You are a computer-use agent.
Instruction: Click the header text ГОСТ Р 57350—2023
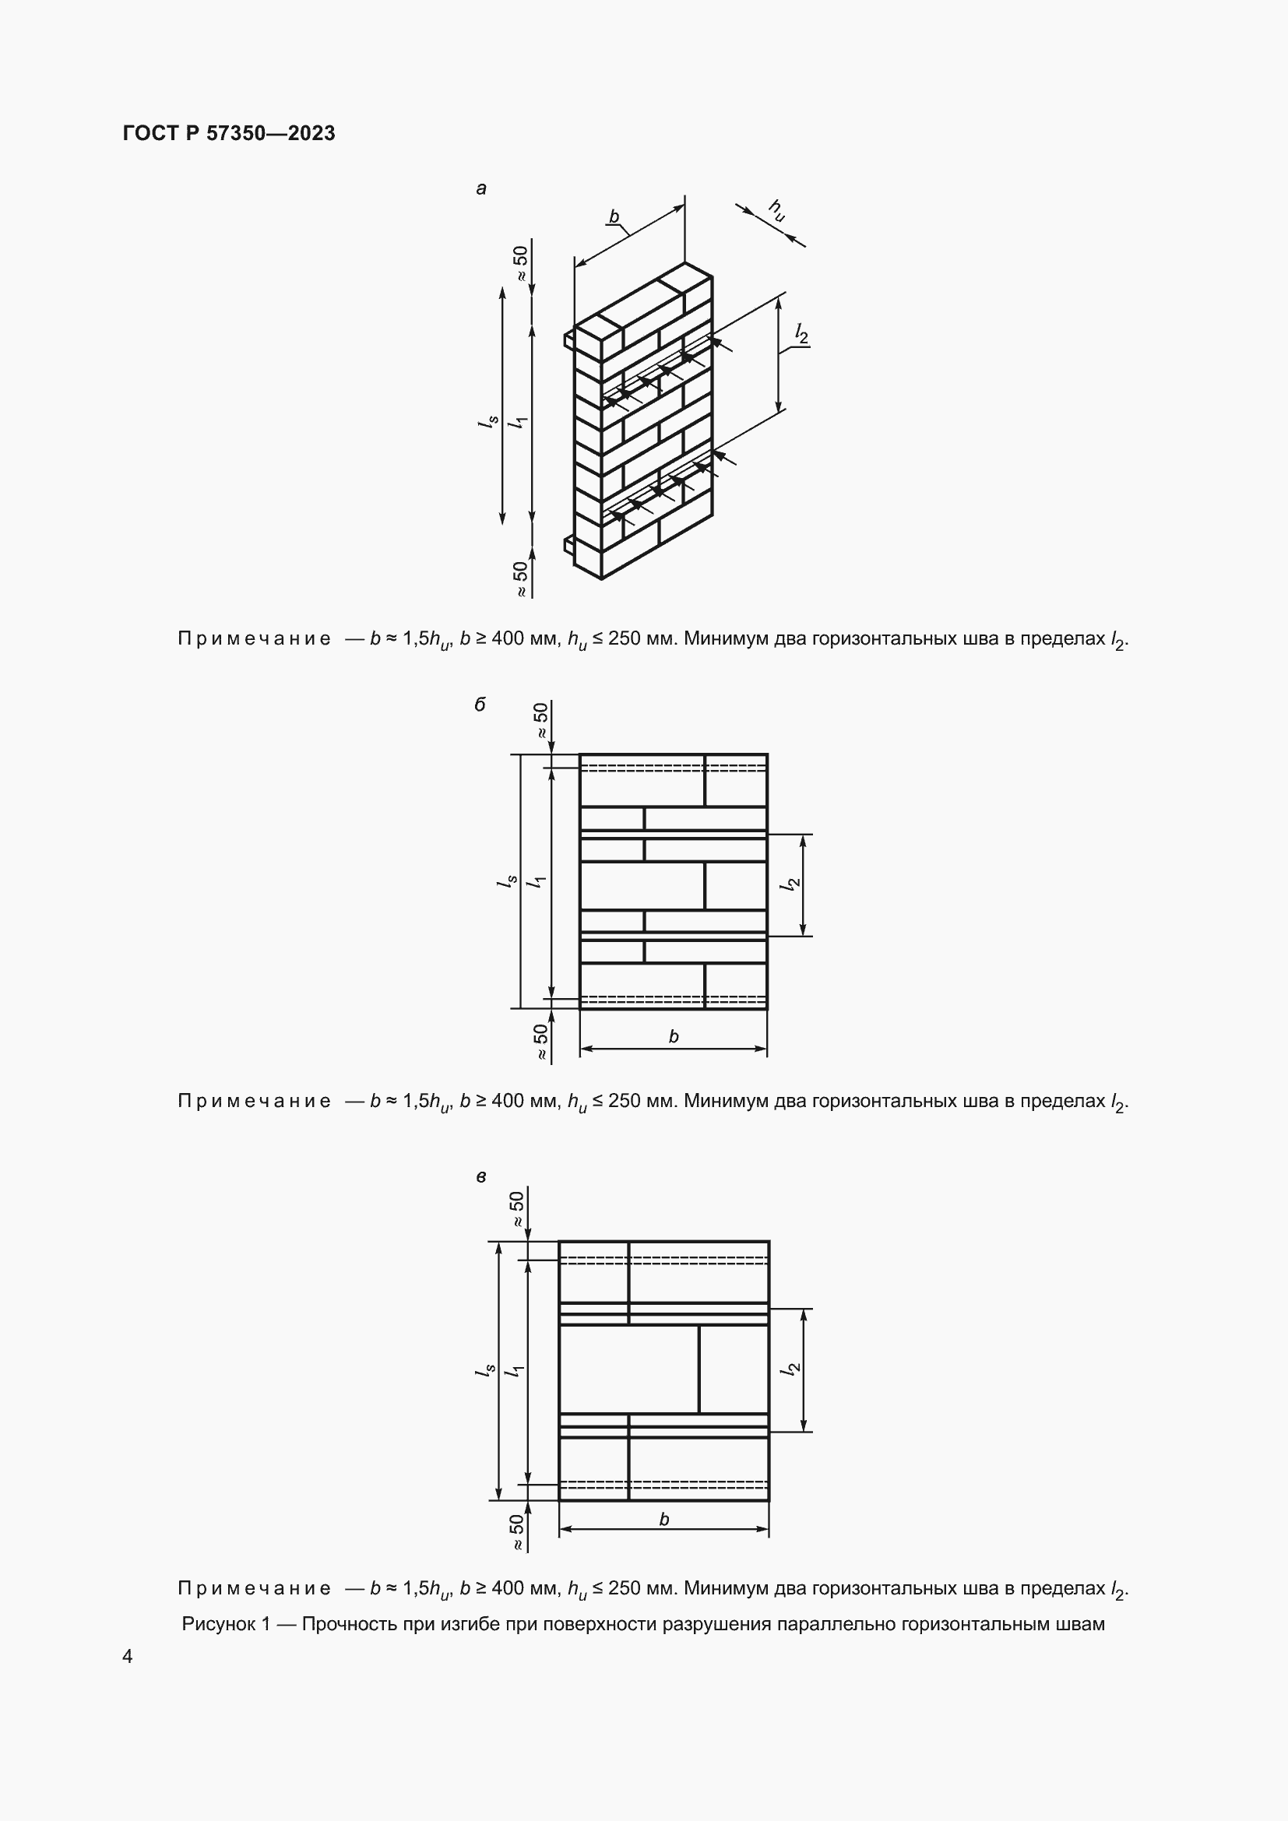point(228,133)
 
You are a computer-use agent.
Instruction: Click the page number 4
point(128,1657)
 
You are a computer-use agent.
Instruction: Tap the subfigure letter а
point(480,188)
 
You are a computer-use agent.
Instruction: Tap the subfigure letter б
point(480,705)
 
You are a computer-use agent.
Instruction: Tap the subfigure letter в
point(480,1177)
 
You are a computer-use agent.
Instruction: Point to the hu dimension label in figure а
point(776,210)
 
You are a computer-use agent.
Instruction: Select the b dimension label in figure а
point(614,216)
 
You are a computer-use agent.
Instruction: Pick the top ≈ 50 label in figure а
point(520,263)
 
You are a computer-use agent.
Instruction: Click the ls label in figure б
point(507,881)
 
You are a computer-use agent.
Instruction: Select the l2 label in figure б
point(790,884)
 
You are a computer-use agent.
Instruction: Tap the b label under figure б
point(674,1035)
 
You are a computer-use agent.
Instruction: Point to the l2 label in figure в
point(790,1369)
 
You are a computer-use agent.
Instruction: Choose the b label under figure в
point(663,1519)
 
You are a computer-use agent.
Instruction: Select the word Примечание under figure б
point(254,1101)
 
